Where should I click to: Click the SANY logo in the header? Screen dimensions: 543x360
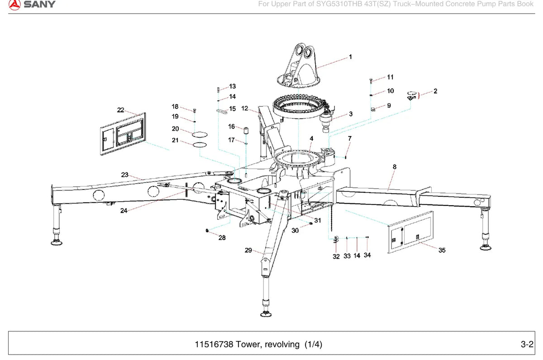click(32, 5)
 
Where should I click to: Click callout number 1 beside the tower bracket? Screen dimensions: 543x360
click(350, 57)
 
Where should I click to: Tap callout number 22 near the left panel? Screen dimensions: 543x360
click(120, 110)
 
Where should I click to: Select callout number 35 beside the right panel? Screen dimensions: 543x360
click(442, 250)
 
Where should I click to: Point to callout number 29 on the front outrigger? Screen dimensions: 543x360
click(248, 250)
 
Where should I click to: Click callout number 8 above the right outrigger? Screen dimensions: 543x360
click(395, 167)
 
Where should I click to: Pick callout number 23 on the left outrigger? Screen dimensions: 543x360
click(124, 175)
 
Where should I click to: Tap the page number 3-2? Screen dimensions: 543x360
click(527, 344)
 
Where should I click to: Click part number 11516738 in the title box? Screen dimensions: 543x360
click(214, 344)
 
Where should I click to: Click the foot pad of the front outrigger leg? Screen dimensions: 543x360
click(266, 314)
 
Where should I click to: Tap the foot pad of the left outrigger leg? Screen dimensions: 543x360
click(57, 242)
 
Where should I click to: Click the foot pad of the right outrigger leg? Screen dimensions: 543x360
click(486, 247)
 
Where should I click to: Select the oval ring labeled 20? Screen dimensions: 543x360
click(200, 134)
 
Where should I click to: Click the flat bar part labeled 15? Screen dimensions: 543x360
click(222, 111)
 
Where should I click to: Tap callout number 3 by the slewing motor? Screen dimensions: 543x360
click(351, 114)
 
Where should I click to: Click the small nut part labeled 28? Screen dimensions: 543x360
click(207, 231)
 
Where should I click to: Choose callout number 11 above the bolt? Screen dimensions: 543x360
click(390, 77)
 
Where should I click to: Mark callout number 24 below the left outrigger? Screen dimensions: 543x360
click(124, 211)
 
